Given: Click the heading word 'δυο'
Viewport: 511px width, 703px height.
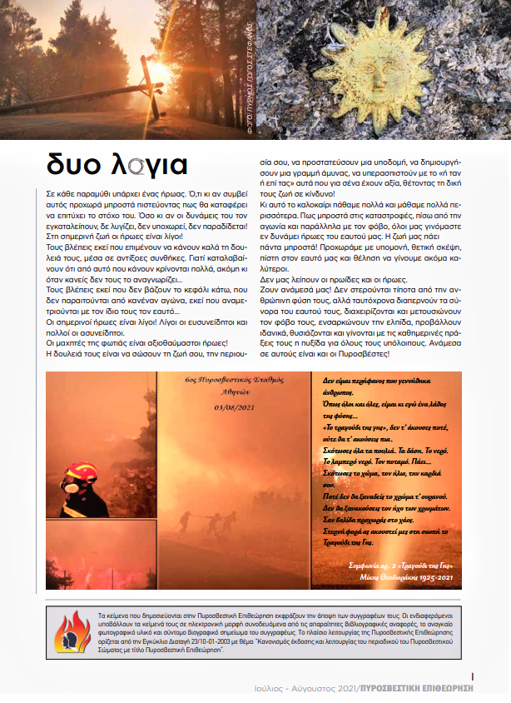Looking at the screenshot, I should (77, 162).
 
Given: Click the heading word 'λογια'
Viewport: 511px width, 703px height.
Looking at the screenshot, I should (152, 162).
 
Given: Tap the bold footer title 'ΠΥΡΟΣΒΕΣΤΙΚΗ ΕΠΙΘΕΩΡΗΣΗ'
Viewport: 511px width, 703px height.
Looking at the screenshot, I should (416, 689).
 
